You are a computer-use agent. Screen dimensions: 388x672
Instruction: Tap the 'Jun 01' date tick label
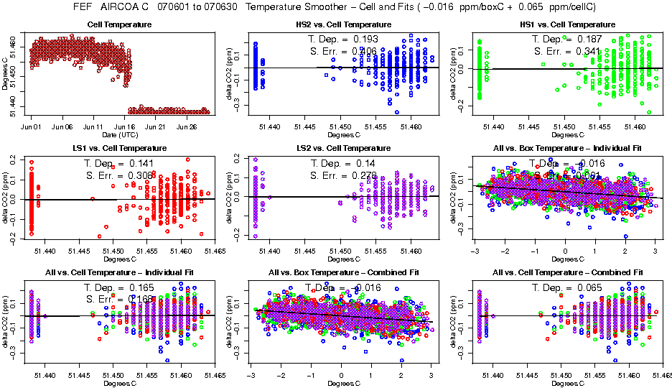tap(30, 126)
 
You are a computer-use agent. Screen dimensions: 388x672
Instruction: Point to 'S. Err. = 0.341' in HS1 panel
tap(567, 51)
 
